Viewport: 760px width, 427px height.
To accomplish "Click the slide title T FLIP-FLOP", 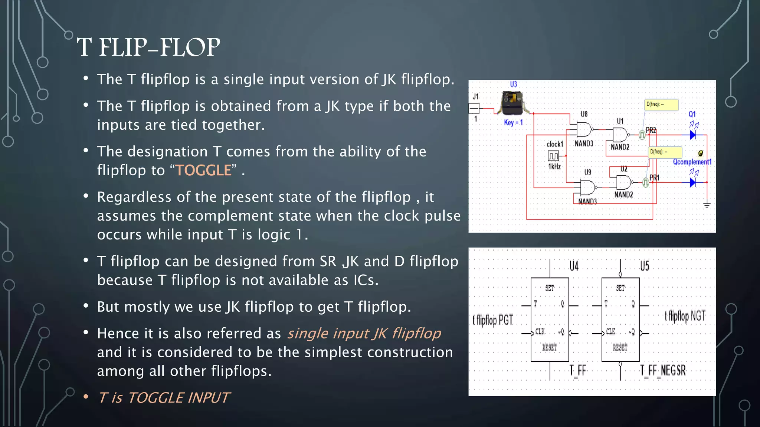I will tap(148, 47).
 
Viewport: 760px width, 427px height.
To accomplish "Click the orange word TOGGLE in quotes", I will tap(203, 171).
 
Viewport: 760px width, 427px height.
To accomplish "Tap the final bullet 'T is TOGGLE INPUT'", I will tap(164, 398).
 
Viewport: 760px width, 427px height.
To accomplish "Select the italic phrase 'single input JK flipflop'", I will tap(364, 333).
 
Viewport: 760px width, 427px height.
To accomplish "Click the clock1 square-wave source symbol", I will tap(553, 156).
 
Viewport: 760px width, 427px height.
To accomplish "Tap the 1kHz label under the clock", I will tap(554, 166).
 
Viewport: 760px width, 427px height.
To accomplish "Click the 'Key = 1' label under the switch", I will tap(513, 122).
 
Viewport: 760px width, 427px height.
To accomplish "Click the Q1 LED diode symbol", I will tap(692, 135).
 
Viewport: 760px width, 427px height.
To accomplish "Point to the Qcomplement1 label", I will tap(692, 162).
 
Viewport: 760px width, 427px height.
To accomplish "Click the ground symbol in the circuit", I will tap(707, 205).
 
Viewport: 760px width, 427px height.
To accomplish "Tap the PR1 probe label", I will tap(654, 178).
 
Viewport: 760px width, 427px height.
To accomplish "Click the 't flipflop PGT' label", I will tap(493, 320).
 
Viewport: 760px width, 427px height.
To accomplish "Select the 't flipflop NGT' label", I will tap(685, 316).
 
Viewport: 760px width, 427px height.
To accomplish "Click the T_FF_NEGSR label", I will tap(663, 370).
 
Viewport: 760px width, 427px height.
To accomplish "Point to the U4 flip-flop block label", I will tap(574, 266).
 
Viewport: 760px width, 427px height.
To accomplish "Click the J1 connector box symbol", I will tap(474, 108).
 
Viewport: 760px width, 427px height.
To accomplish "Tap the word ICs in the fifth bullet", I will tap(364, 280).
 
